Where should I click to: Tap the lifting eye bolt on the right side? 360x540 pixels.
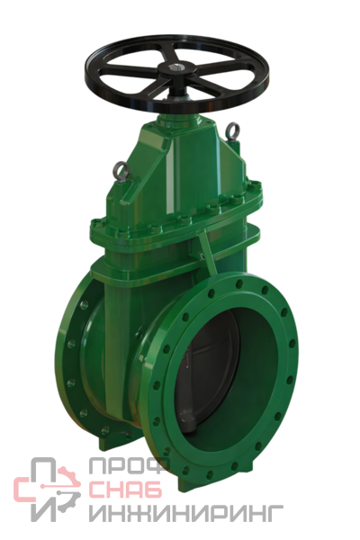point(233,130)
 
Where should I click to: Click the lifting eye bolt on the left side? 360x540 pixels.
point(122,170)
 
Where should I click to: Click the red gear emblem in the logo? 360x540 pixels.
point(67,485)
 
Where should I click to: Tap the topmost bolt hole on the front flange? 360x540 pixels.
point(238,283)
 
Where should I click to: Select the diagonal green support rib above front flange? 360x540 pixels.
point(208,251)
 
